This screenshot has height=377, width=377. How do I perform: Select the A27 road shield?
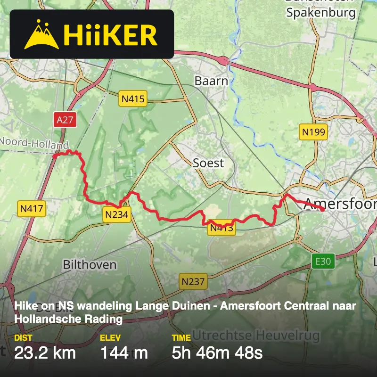click(65, 120)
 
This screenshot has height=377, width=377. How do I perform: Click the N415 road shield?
click(133, 99)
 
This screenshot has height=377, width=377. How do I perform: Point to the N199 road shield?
click(313, 132)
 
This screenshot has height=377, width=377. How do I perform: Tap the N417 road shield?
click(32, 208)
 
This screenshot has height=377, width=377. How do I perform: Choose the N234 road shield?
click(117, 215)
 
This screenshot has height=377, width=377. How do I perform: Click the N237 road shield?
click(193, 282)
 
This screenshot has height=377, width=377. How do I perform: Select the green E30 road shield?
click(323, 261)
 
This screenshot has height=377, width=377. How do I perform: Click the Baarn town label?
click(211, 81)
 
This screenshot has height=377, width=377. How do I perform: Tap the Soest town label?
click(208, 163)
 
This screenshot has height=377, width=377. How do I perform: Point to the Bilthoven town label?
click(90, 264)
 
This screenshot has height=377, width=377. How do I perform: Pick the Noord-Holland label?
click(34, 143)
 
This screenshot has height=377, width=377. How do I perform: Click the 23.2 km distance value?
click(45, 352)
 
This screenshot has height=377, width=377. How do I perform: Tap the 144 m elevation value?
click(124, 352)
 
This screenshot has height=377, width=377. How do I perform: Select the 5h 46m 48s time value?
click(217, 352)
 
